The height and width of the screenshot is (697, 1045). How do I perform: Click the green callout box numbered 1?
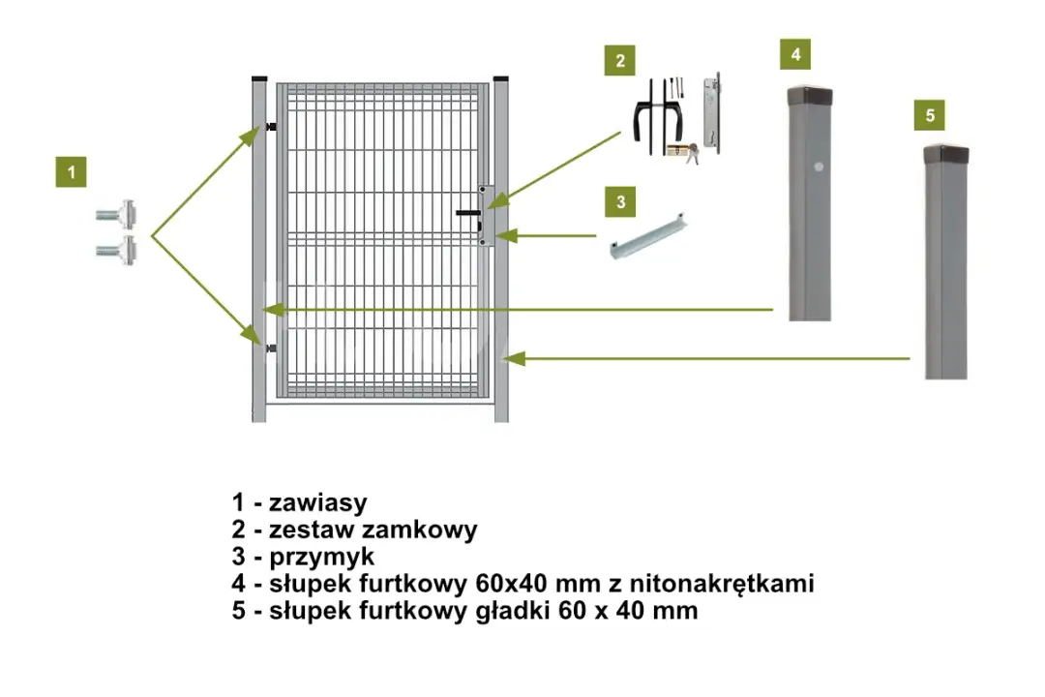point(71,172)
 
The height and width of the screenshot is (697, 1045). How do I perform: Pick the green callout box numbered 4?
point(795,54)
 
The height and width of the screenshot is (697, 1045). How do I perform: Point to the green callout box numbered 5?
point(930,115)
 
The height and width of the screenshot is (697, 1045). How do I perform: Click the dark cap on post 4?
point(808,96)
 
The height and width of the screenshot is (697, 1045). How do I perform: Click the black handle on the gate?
point(469,215)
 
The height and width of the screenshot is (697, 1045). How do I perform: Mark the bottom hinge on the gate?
point(268,347)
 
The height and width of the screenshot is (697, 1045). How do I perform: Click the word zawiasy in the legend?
point(318,502)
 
